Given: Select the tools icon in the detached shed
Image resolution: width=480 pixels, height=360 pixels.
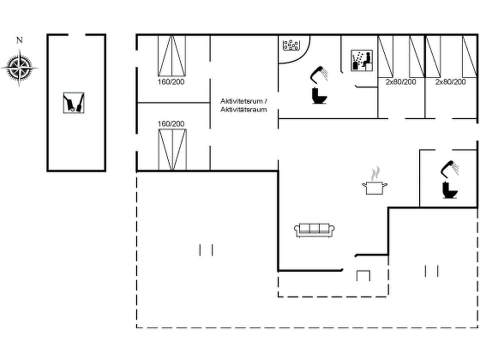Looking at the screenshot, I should point(74,102).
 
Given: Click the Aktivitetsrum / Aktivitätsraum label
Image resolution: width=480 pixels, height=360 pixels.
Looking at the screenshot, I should point(243,105).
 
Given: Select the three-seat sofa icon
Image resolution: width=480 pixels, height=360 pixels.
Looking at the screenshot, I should point(314,230).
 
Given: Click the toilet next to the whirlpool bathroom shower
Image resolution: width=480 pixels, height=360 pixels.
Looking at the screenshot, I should point(318,95).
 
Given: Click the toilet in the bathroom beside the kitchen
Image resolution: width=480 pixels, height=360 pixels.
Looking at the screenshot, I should point(450,190).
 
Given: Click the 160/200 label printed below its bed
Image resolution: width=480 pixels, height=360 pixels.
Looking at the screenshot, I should point(171,81).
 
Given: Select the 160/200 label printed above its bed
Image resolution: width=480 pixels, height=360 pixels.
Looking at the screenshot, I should point(171,123).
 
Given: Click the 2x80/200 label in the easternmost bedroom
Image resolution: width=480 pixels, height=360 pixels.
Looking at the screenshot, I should point(450,81).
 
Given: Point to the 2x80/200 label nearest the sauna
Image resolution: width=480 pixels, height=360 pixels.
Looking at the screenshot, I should point(400,81).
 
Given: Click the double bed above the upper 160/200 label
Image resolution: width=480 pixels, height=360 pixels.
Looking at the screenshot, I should point(171,55).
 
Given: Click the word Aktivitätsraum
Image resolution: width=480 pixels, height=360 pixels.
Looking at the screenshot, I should point(243,109).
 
